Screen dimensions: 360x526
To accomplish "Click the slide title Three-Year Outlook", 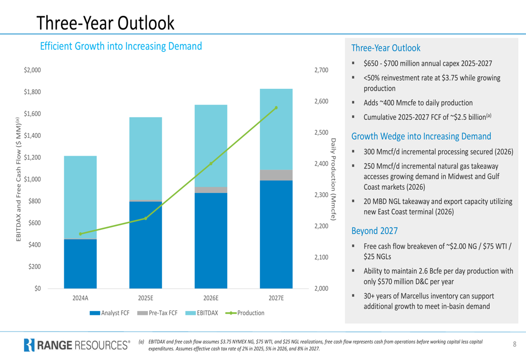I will click(106, 22).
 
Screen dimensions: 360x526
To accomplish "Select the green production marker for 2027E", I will click(276, 108).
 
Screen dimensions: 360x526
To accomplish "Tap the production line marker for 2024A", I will click(80, 234).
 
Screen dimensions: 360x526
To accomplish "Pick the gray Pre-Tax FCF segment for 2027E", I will click(276, 175).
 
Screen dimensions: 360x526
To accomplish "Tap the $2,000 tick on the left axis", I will click(33, 70).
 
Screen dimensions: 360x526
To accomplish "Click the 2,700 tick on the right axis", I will click(321, 70).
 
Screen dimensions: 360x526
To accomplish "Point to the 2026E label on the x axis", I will click(211, 298).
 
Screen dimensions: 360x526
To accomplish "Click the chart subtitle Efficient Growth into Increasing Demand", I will click(121, 46).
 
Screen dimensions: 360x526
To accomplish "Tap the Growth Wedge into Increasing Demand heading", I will click(421, 137).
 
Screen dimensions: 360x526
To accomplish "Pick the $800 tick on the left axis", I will click(35, 201).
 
